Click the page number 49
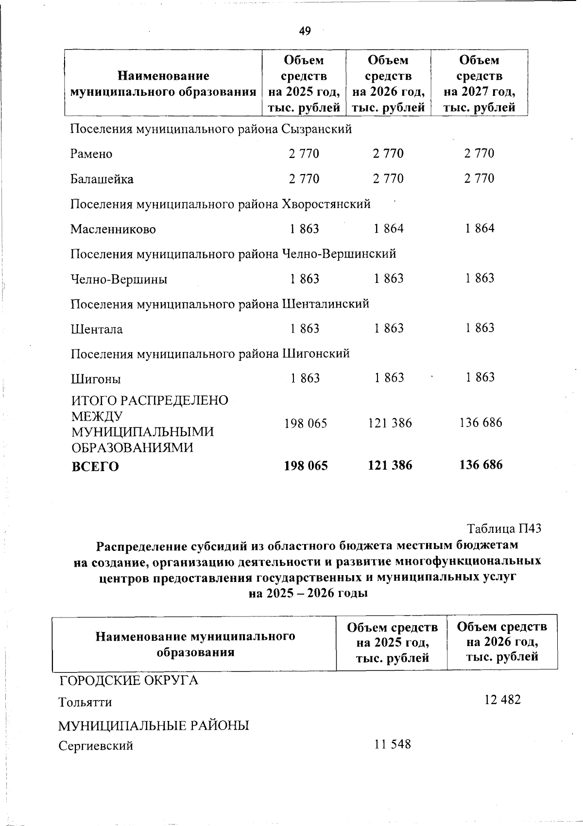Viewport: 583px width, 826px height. coord(305,32)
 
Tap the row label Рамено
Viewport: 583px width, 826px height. coord(91,154)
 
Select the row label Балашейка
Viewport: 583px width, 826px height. coord(102,179)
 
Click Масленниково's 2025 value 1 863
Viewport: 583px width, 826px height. coord(305,228)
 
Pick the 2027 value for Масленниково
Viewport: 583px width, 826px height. coord(480,228)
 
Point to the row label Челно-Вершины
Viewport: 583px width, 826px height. coord(119,280)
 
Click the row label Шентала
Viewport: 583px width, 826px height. coord(97,330)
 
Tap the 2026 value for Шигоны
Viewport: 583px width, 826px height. coord(389,378)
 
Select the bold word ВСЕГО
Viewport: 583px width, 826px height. coord(95,467)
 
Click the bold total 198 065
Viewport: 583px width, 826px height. coord(306,466)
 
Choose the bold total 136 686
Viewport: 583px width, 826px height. coord(481,465)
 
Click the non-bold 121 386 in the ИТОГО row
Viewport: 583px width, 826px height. coord(390,423)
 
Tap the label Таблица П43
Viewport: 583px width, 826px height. coord(504,528)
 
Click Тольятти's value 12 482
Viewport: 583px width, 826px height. coord(502,700)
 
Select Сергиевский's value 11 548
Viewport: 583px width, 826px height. coord(393,744)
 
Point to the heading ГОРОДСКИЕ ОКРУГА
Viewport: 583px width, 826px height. coord(129,680)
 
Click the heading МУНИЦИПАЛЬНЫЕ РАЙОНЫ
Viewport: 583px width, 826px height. coord(154,726)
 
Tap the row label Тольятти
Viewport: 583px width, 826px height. coord(85,703)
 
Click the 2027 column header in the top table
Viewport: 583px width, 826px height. coord(480,84)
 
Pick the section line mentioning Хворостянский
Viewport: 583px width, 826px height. coord(221,204)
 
